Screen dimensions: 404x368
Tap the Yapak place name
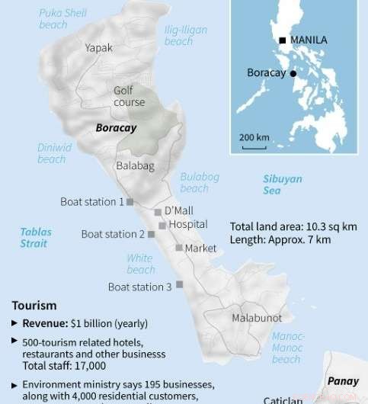[98, 47]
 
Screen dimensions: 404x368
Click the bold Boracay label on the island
[116, 128]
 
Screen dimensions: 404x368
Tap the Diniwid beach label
[52, 153]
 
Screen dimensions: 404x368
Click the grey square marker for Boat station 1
[130, 202]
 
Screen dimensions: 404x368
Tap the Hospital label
[188, 225]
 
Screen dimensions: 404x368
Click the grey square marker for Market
[178, 248]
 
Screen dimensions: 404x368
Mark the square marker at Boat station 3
[180, 284]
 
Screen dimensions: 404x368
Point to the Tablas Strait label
[34, 237]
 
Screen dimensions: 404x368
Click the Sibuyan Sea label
[283, 185]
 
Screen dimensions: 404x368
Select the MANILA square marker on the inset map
[282, 40]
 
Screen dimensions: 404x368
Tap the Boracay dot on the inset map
[294, 74]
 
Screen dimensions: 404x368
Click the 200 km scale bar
[254, 146]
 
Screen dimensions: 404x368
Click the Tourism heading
[34, 305]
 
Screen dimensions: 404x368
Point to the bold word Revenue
[45, 323]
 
